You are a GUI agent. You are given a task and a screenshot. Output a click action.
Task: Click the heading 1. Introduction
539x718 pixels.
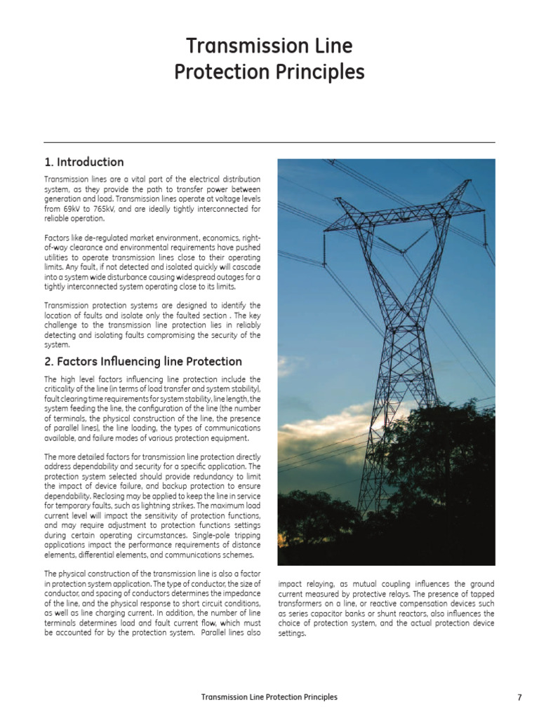point(84,162)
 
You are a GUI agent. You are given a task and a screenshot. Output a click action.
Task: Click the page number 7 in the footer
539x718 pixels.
point(519,698)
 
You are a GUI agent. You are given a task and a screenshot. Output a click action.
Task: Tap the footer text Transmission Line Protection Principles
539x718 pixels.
point(269,698)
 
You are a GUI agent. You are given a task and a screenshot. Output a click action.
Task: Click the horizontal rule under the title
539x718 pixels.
point(269,142)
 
